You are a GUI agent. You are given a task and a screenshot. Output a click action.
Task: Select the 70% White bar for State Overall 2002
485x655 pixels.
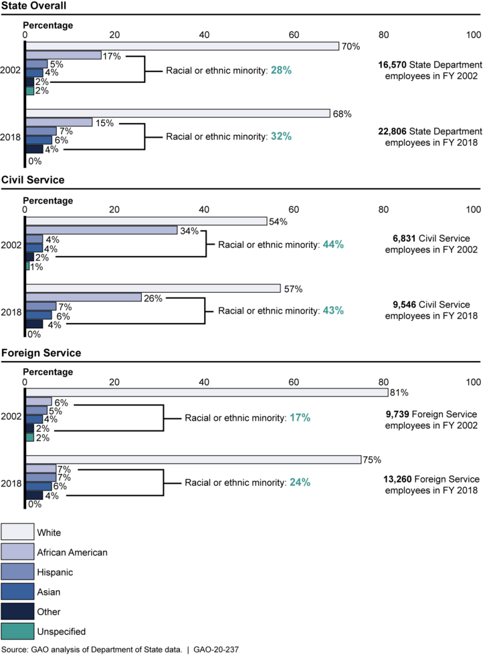[x=182, y=46]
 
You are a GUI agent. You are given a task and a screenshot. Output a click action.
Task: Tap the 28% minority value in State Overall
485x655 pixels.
[x=281, y=70]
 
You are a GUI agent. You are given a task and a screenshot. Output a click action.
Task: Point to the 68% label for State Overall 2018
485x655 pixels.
[x=341, y=113]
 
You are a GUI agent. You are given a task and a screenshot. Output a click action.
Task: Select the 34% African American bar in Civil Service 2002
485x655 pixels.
[x=102, y=230]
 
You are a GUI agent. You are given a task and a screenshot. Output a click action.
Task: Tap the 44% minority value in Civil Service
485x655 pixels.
[x=333, y=245]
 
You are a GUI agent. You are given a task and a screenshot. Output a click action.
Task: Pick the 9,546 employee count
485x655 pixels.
[x=407, y=305]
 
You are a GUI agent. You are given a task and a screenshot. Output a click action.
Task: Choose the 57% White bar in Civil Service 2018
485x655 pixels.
[x=153, y=288]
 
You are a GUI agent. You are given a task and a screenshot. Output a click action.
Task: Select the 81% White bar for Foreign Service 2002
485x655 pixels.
[x=207, y=392]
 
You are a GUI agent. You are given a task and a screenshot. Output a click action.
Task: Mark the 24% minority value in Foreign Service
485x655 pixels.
[x=300, y=481]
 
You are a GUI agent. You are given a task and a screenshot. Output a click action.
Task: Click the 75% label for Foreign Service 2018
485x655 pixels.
[x=372, y=459]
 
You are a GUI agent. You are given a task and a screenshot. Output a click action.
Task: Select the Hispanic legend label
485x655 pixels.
[x=60, y=572]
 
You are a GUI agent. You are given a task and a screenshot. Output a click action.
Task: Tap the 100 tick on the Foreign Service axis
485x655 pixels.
[x=474, y=382]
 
